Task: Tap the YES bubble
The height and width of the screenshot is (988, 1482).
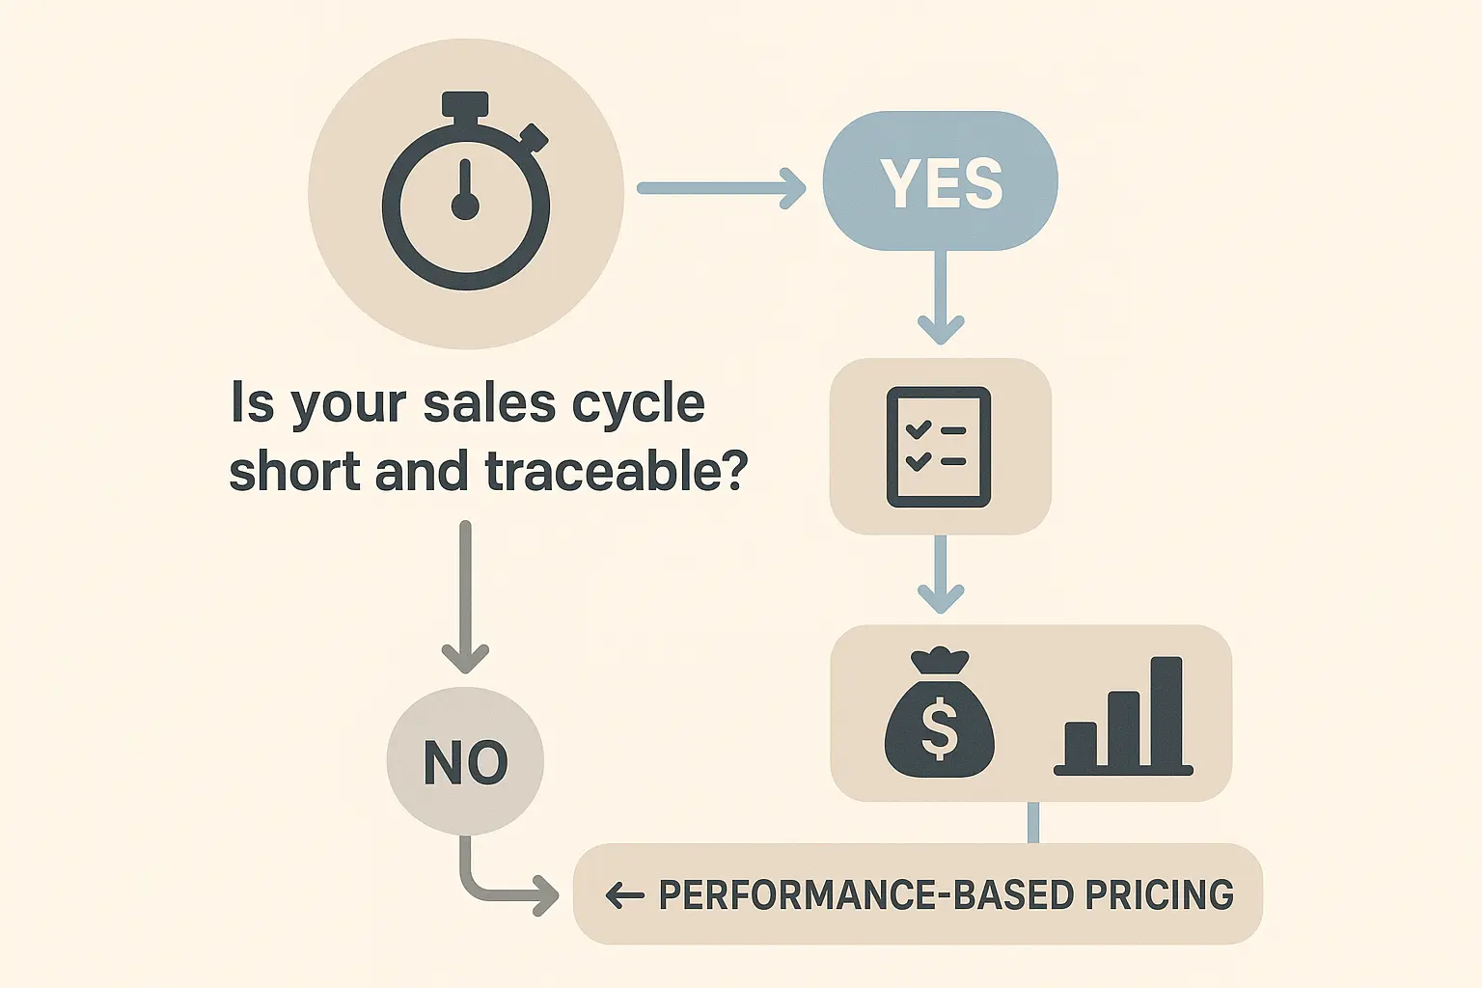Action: [940, 181]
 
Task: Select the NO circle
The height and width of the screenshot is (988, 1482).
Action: [465, 761]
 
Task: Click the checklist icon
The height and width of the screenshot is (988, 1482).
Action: [939, 447]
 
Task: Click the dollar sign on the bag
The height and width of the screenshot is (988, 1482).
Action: [939, 728]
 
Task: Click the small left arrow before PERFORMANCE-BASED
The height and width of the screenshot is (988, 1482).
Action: [624, 896]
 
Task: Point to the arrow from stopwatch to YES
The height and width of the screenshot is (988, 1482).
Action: [720, 188]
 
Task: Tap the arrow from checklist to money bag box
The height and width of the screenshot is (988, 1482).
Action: [941, 575]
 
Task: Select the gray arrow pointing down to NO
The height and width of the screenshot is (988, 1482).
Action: [465, 598]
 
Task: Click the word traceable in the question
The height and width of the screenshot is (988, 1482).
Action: [615, 472]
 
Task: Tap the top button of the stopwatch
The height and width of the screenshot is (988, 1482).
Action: [465, 104]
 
